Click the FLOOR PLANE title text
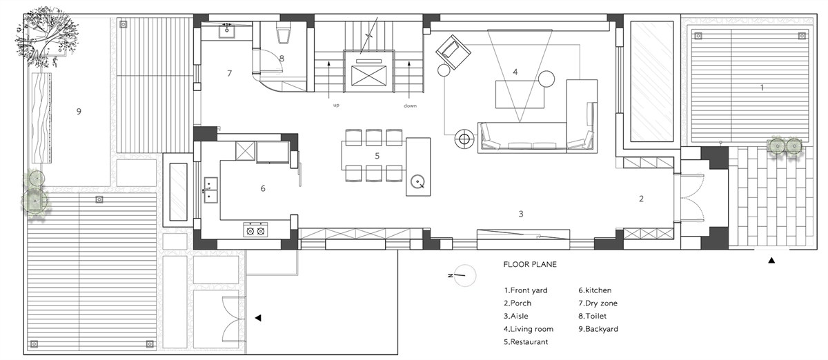pos(530,264)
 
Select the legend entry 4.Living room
pos(529,329)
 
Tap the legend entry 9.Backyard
pos(598,329)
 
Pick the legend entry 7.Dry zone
pos(598,303)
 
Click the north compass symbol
pos(464,275)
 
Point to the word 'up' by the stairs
pos(336,106)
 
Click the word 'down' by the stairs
pos(410,106)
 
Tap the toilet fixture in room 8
pos(284,32)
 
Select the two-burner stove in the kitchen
pos(255,230)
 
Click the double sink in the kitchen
pos(211,190)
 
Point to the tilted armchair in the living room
pos(453,52)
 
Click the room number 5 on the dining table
pos(377,156)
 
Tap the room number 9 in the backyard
pos(79,111)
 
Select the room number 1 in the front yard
pos(762,88)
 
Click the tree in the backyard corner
pos(46,37)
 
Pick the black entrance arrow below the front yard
pos(771,261)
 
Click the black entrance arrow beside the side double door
pos(258,318)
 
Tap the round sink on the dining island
pos(417,182)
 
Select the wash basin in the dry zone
pos(226,31)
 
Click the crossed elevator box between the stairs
pos(368,76)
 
